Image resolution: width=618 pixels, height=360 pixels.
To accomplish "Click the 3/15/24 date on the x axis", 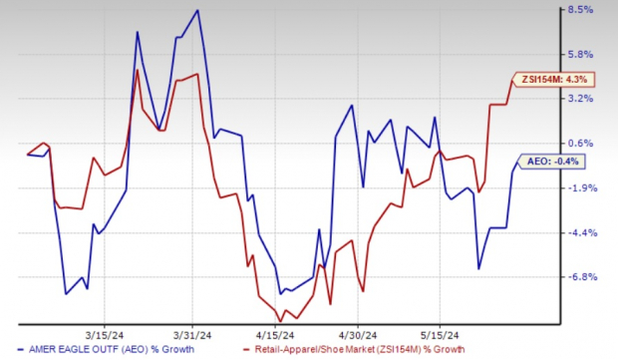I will pos(105,335).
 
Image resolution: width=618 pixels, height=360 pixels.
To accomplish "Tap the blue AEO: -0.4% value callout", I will pos(549,160).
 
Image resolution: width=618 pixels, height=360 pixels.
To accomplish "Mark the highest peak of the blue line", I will pos(197,11).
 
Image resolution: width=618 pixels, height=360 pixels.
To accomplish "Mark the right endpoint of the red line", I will pos(512,81).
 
